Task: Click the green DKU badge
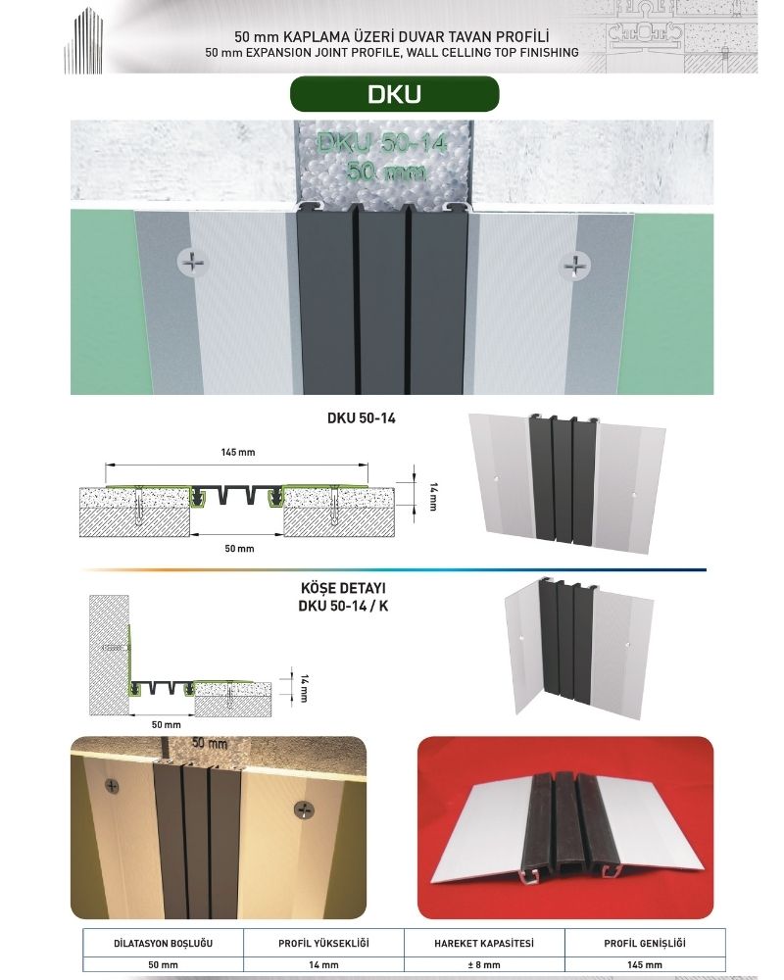(x=395, y=94)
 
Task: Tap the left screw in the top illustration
(x=193, y=263)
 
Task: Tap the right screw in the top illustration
(x=574, y=266)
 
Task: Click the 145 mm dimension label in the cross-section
(x=237, y=452)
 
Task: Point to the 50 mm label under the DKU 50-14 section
(x=239, y=548)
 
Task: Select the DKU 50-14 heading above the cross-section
(x=362, y=418)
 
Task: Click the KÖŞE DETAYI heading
(x=343, y=588)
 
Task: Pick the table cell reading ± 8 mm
(x=484, y=964)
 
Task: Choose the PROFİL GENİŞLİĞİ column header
(x=645, y=943)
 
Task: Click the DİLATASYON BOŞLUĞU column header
(x=164, y=943)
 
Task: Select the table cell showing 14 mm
(x=323, y=964)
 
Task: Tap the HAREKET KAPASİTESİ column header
(x=484, y=943)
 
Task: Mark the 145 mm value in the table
(x=645, y=964)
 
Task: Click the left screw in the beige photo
(x=112, y=786)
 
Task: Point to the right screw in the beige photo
(x=304, y=810)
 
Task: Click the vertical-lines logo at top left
(x=83, y=41)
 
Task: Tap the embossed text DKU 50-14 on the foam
(x=382, y=143)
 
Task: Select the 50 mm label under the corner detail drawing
(x=167, y=724)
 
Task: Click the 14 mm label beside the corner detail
(x=305, y=688)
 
